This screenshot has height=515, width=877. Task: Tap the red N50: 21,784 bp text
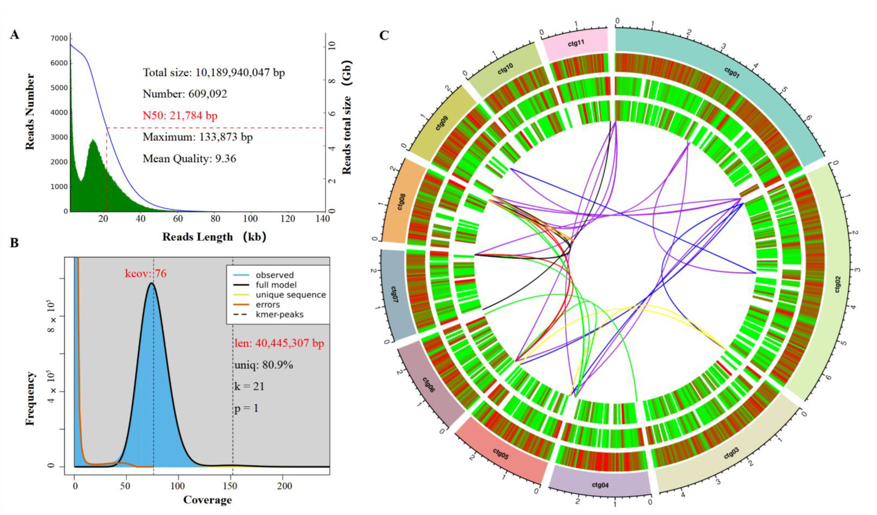(180, 115)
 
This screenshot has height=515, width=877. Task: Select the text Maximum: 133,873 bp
(198, 137)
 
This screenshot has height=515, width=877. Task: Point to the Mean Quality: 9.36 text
(189, 159)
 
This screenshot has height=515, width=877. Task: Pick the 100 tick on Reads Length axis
(250, 219)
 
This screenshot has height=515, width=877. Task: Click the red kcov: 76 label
(146, 274)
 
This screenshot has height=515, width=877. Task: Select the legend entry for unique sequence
(291, 295)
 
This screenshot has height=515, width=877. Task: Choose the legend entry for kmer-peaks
(279, 315)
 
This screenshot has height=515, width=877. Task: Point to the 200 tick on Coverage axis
(285, 486)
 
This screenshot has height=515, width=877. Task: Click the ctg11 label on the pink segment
(576, 44)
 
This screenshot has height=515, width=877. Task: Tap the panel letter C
(384, 35)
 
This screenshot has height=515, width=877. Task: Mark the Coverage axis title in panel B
(207, 500)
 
